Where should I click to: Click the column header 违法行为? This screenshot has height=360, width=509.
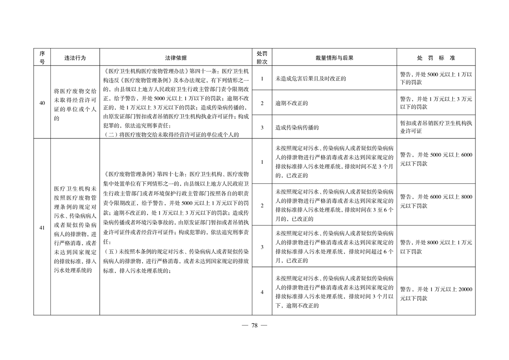pos(75,58)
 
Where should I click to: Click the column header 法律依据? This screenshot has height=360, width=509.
pos(176,58)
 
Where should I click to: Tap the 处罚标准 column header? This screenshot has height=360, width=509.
pos(436,58)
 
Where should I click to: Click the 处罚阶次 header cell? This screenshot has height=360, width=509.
pos(262,58)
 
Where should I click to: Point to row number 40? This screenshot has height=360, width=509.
pos(42,103)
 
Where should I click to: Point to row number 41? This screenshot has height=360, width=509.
pos(42,227)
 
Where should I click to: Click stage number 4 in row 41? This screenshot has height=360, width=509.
pos(262,292)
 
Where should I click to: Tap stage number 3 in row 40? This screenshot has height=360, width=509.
pos(262,128)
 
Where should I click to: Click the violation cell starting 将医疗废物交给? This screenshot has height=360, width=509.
pos(75,103)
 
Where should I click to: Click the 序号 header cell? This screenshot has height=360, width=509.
pos(42,58)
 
